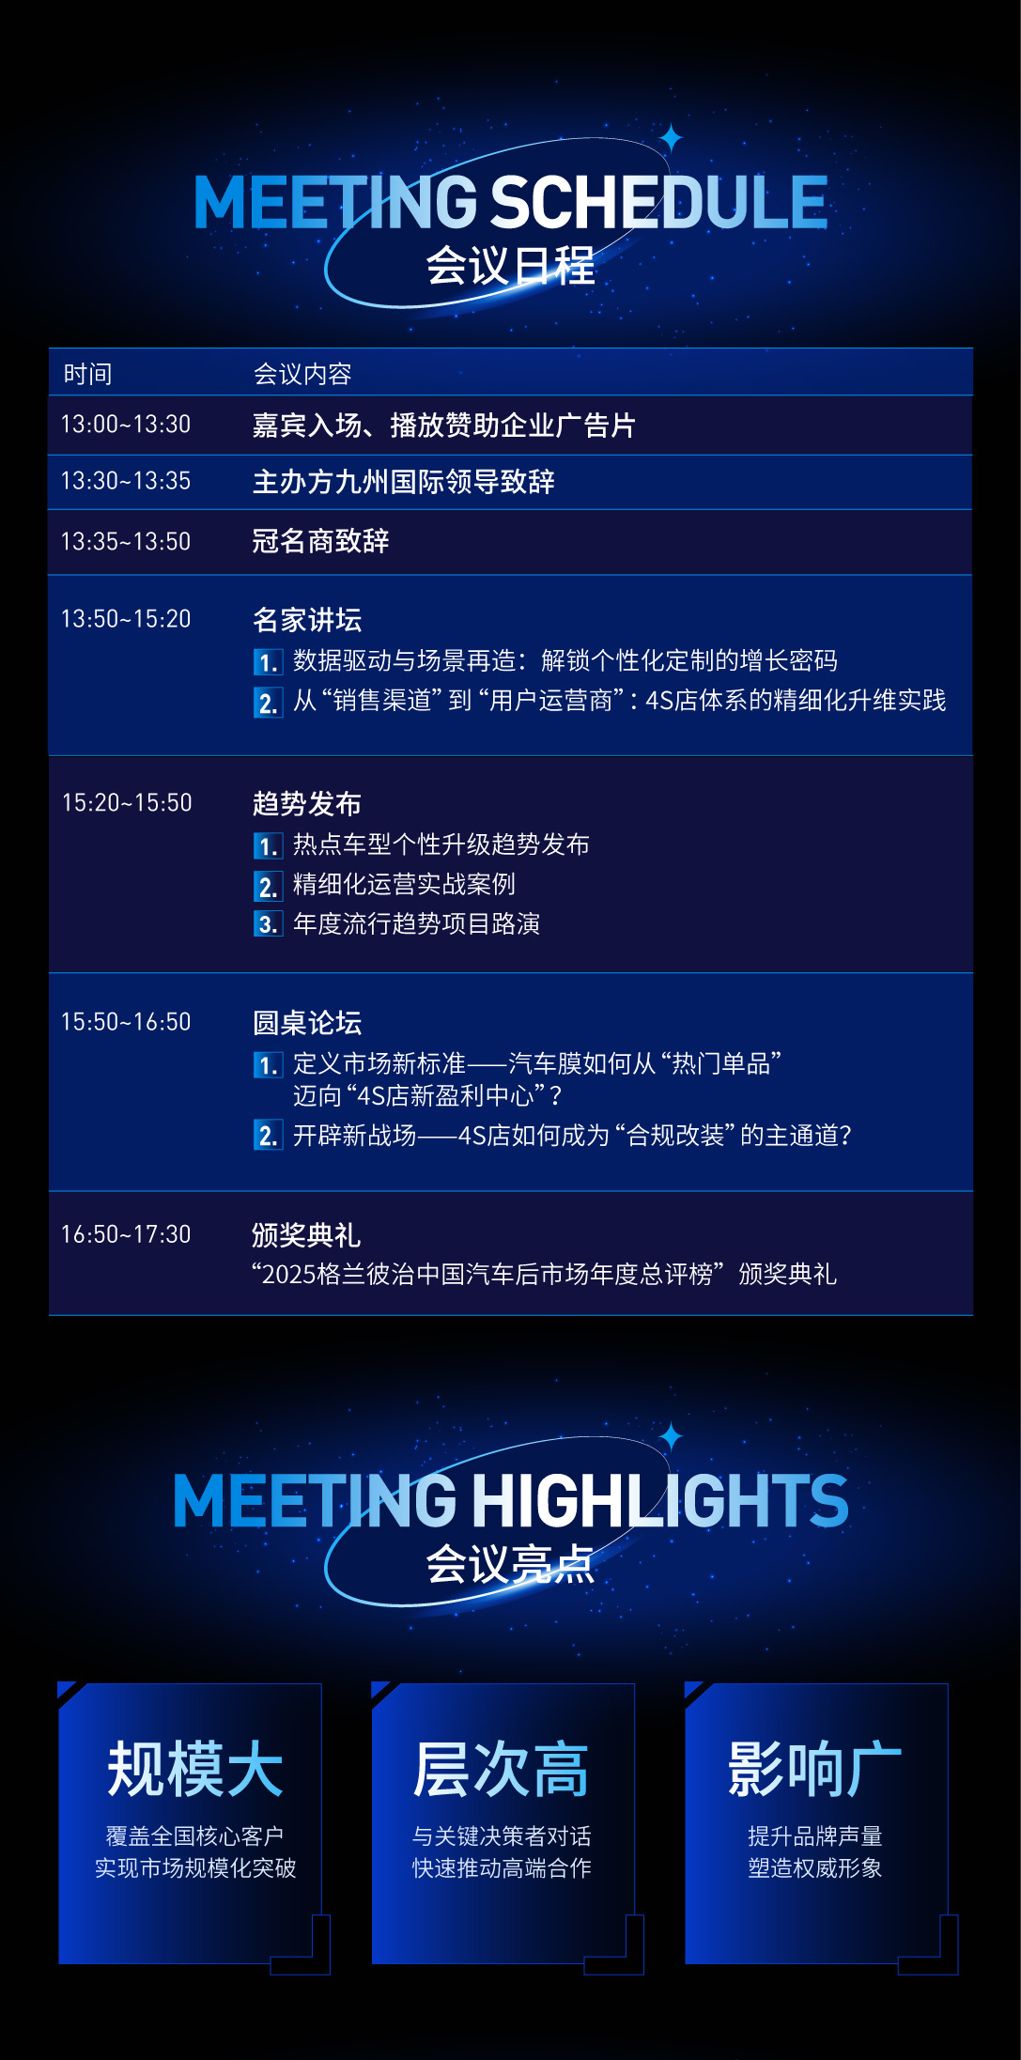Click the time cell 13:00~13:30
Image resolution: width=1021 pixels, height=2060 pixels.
point(126,425)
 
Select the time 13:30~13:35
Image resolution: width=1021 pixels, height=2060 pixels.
point(126,481)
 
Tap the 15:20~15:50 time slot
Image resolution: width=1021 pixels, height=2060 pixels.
point(127,803)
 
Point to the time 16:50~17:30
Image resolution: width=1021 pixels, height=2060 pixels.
point(126,1234)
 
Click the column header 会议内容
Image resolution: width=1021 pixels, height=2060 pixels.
point(302,374)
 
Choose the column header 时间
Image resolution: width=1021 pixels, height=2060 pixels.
point(87,374)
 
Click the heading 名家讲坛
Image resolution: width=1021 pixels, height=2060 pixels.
point(307,620)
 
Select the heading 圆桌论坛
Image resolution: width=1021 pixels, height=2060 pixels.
point(307,1023)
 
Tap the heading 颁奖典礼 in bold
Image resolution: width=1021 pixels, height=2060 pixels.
point(306,1235)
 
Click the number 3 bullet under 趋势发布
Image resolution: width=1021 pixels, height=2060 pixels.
point(268,924)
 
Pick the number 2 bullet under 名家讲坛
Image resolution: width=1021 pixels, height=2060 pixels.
point(268,703)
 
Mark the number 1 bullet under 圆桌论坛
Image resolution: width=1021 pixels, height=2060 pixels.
point(268,1065)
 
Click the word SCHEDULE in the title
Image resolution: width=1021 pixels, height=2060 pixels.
point(658,202)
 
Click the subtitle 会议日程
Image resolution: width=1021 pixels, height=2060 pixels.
point(510,266)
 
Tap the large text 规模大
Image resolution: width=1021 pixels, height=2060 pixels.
point(195,1770)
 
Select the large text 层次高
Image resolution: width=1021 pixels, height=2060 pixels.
point(502,1770)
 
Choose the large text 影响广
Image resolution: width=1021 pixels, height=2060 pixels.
point(814,1770)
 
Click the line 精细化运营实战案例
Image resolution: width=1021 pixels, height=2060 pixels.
point(404,885)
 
